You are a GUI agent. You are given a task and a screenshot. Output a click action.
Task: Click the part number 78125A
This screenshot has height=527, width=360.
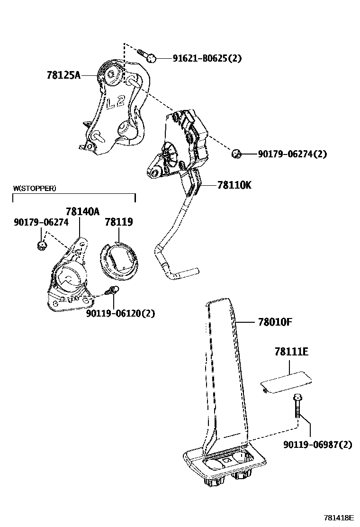63,75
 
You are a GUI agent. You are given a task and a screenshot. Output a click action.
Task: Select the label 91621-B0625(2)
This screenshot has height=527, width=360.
207,59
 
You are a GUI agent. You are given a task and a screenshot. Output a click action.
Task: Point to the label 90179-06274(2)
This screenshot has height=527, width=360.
292,154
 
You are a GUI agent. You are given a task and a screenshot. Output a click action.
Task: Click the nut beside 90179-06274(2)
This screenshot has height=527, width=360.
237,154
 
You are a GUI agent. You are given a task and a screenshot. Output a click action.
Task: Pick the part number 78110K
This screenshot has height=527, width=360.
234,185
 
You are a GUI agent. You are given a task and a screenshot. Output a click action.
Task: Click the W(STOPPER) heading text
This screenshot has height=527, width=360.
34,188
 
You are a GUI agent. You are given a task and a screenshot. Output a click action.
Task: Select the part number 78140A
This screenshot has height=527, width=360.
82,212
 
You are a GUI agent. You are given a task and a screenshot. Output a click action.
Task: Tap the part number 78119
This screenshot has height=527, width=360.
118,222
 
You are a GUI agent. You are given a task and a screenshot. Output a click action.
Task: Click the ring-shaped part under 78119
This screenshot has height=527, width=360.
119,261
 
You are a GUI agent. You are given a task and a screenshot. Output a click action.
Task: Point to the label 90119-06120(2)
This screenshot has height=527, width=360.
120,313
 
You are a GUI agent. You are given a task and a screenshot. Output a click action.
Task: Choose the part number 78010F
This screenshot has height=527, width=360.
275,322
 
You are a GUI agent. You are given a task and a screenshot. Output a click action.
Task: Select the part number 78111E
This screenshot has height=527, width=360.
291,352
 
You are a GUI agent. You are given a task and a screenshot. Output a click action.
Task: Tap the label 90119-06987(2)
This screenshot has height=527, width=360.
318,445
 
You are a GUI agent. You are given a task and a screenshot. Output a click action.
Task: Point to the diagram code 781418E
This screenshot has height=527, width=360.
339,518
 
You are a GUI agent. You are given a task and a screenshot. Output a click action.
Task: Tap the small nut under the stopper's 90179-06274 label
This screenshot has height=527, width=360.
42,245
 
